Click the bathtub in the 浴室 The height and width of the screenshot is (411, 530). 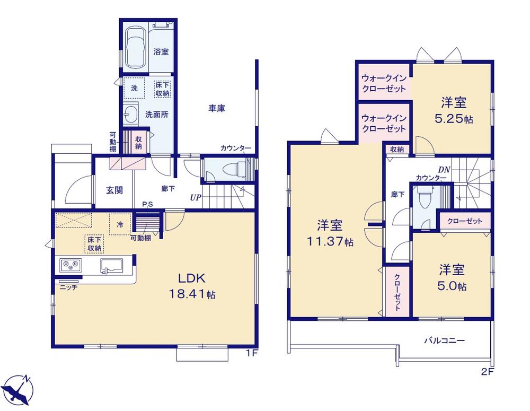point(136,48)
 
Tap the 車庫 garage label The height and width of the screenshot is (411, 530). point(217,108)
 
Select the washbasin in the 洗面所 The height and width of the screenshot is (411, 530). point(130,113)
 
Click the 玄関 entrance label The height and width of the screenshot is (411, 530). point(114,190)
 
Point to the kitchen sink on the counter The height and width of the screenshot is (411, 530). point(111,266)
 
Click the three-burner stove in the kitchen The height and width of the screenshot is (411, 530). point(70,265)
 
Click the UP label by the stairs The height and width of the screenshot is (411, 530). point(196,198)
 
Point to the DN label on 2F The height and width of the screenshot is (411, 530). point(445,170)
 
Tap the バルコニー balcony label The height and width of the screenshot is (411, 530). point(445,340)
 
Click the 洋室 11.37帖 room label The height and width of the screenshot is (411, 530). point(330,233)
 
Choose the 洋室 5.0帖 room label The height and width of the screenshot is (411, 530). point(452,278)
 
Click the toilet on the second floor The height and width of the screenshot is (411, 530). point(422,199)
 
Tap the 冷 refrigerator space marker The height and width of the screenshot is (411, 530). point(120,224)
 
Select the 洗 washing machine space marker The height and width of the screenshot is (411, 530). point(134,88)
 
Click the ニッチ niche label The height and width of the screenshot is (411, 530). point(69,287)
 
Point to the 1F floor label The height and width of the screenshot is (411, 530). point(252,354)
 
